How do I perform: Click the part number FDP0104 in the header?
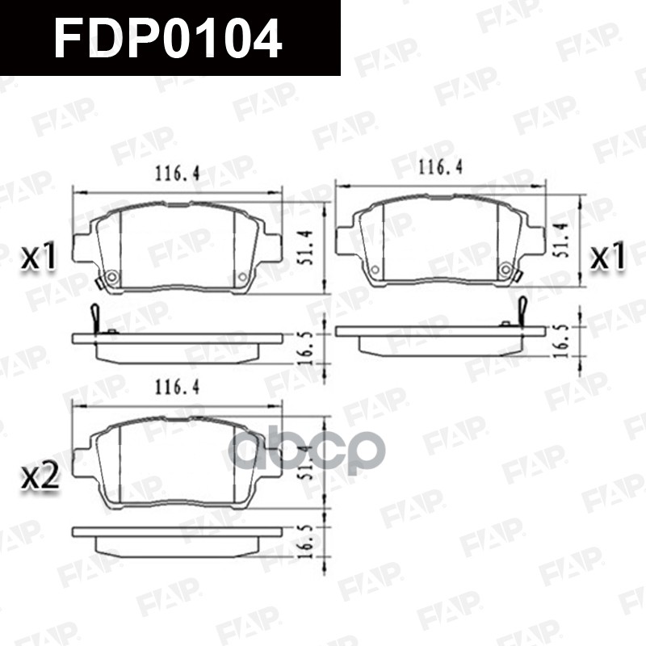tap(168, 38)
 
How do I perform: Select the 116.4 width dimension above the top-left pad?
tap(177, 172)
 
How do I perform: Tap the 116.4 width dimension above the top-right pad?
tap(439, 168)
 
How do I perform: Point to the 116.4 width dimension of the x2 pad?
tap(177, 388)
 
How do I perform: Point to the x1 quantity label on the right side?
tap(609, 257)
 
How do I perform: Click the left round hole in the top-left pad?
tap(111, 278)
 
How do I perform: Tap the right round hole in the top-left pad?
tap(242, 278)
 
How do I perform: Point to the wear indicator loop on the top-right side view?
tap(522, 308)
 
